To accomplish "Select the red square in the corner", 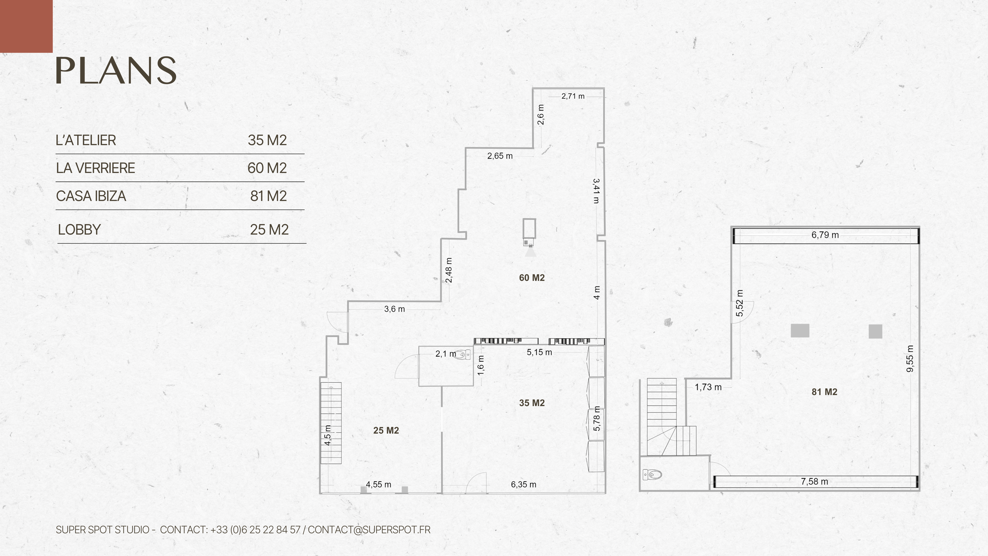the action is [26, 26].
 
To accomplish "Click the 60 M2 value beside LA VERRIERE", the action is [267, 168].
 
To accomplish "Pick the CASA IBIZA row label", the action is [91, 196].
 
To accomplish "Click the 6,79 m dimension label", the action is [825, 235].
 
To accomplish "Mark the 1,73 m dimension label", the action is [708, 387].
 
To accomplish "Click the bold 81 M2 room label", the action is [824, 392].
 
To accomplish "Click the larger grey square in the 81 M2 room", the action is [800, 330].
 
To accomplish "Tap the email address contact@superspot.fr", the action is [369, 530].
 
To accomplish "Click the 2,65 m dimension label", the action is [500, 156].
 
